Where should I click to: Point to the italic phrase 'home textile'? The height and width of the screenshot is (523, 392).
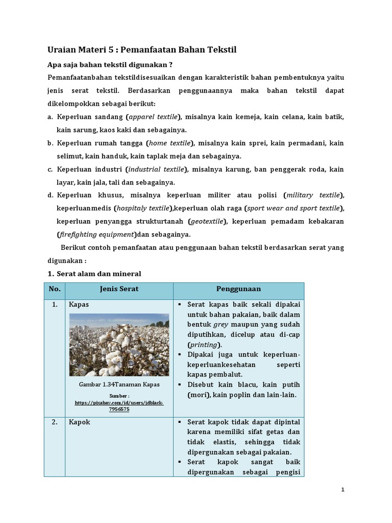click(170, 144)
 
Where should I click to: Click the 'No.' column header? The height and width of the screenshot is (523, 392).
click(55, 289)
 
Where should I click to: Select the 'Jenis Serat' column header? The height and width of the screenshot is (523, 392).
click(119, 289)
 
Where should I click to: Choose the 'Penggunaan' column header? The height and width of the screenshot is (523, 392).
click(238, 289)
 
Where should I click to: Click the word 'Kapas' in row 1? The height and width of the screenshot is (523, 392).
click(79, 304)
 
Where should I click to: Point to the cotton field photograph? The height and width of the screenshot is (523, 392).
click(119, 345)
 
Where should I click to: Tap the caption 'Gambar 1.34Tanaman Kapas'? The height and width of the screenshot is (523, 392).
click(119, 384)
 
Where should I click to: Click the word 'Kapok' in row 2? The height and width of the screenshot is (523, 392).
click(79, 422)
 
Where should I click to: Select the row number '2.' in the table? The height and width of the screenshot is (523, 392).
click(54, 422)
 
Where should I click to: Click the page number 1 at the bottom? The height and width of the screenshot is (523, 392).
click(343, 490)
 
